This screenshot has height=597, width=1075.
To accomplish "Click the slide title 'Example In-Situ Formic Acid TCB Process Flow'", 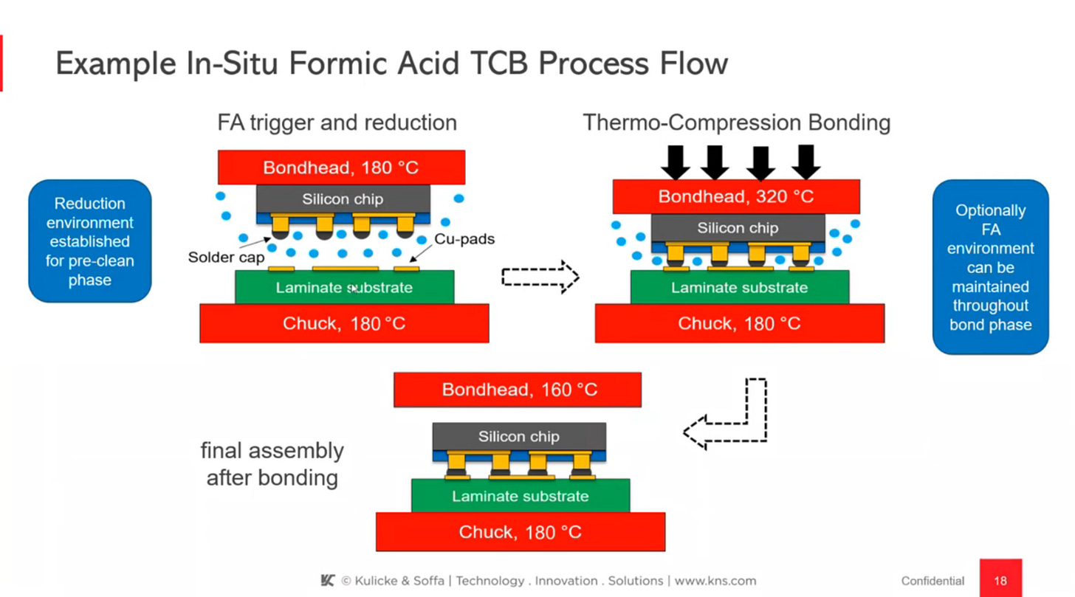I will click(391, 64).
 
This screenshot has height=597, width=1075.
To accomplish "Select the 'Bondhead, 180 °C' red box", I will click(341, 168).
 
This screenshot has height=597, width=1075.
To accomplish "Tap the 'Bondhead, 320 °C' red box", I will click(736, 196).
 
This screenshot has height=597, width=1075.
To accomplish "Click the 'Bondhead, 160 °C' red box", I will click(518, 390).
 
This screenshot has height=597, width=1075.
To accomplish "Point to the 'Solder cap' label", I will click(226, 258).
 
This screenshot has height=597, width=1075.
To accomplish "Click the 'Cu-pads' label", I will click(464, 239).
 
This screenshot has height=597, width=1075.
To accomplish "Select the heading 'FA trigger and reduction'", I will click(337, 122).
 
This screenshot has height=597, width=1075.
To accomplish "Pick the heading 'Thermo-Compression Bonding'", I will click(736, 122).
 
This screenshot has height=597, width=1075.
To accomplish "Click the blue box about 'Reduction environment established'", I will click(90, 241).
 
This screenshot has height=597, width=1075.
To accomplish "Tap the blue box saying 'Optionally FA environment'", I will click(990, 267).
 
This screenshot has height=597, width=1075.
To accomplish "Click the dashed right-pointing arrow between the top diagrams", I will click(540, 277).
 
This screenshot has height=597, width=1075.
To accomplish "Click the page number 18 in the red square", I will click(1000, 580).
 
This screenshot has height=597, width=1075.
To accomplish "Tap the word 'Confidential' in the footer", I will click(933, 581).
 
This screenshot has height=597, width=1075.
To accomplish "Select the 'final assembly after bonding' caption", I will click(272, 464).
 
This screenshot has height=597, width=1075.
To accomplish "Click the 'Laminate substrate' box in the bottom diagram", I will click(521, 496).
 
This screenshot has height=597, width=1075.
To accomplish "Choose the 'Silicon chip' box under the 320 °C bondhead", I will click(738, 228).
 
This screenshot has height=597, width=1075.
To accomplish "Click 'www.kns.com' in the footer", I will click(715, 581).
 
